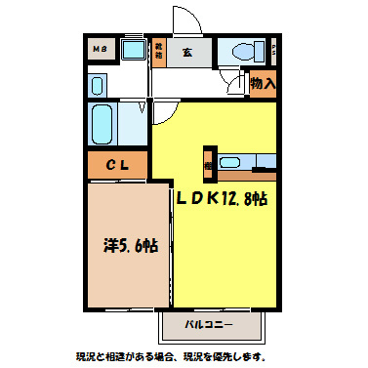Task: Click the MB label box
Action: (99, 49)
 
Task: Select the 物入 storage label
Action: (263, 84)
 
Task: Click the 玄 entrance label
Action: (185, 51)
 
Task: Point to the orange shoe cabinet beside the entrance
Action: (158, 50)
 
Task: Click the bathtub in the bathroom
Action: (103, 123)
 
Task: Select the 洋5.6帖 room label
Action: (131, 246)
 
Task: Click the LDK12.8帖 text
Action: (222, 198)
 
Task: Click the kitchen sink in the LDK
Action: (232, 162)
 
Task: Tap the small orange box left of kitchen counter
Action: (209, 164)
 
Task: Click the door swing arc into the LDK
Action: (161, 117)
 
